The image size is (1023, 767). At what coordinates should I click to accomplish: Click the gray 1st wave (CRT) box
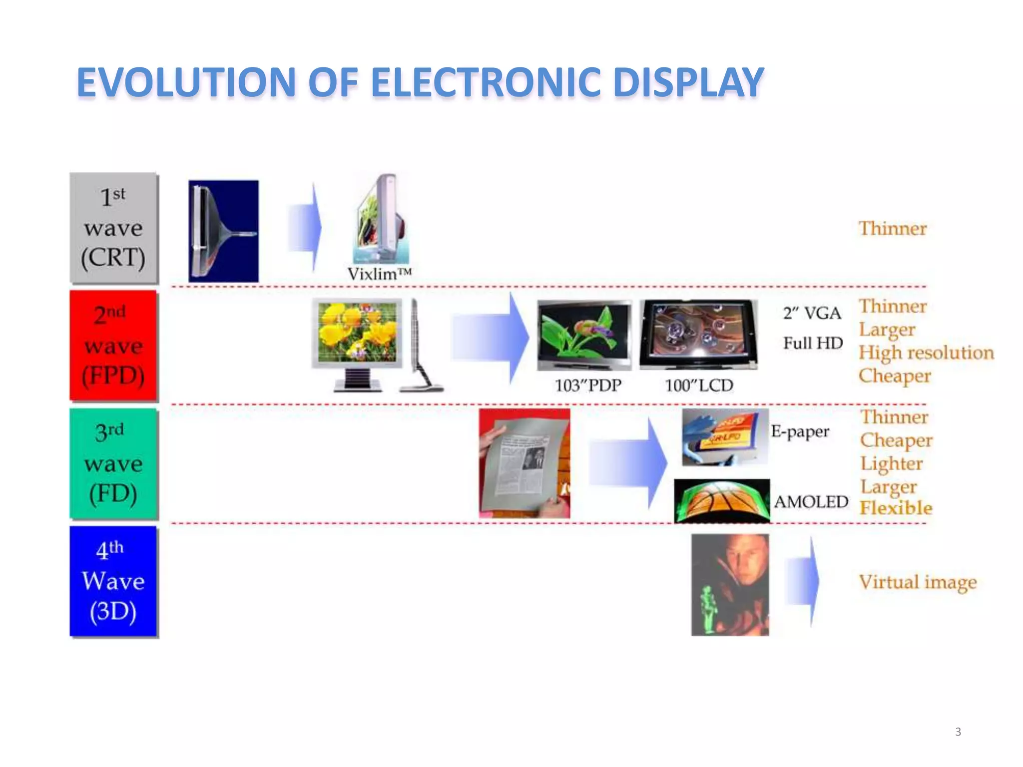[113, 228]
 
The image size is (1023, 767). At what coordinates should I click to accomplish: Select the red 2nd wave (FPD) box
[113, 346]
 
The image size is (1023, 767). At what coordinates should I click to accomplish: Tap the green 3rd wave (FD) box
[113, 463]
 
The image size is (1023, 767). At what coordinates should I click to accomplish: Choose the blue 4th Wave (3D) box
[113, 581]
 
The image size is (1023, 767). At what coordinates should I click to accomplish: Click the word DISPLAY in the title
[688, 82]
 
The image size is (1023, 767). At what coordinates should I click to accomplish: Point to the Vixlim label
[379, 274]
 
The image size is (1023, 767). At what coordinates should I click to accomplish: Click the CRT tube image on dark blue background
[223, 231]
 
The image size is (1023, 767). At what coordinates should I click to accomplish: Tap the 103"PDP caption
[588, 385]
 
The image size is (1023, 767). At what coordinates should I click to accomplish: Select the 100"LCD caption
[699, 385]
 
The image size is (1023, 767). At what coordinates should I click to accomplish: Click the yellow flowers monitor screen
[357, 332]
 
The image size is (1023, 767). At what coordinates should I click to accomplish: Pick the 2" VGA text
[812, 314]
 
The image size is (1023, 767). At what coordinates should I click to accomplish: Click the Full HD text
[813, 343]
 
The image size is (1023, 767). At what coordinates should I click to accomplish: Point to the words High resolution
[926, 353]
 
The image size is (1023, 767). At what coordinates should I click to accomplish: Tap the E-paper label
[800, 431]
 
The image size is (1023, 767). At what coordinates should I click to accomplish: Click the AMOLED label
[811, 501]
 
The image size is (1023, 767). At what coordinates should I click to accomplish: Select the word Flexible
[896, 508]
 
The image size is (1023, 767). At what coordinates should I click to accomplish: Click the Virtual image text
[918, 582]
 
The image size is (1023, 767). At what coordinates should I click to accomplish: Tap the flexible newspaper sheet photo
[524, 463]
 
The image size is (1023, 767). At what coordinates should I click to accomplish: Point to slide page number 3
[958, 732]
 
